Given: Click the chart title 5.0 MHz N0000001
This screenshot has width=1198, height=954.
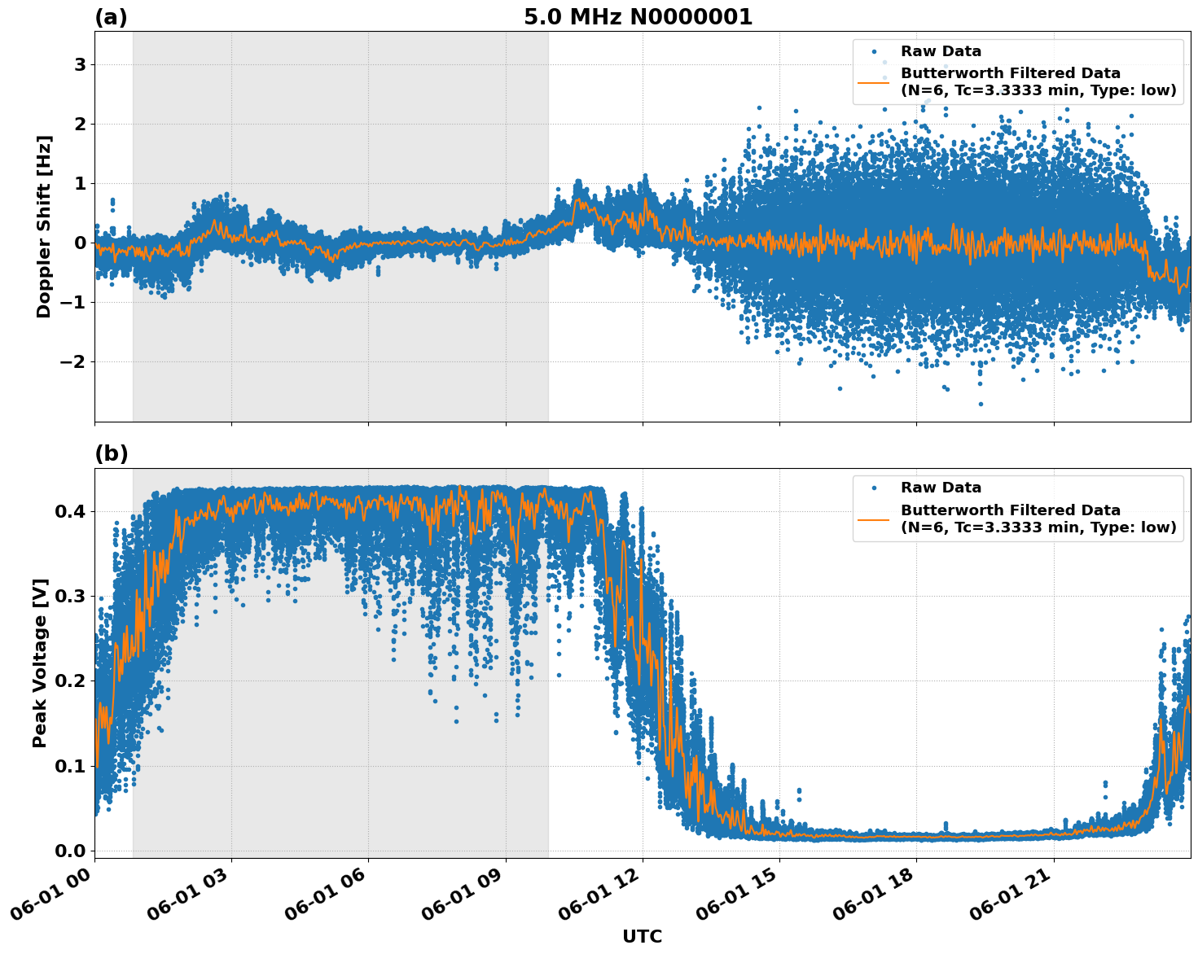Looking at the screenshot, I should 638,17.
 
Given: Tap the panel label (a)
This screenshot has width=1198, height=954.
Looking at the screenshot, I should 111,17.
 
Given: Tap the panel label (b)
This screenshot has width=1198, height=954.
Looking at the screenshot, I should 111,453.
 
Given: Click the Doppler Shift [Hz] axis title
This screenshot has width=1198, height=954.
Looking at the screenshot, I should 44,226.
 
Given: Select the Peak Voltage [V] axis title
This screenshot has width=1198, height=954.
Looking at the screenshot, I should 40,663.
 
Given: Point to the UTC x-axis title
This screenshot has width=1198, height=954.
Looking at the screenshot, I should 642,936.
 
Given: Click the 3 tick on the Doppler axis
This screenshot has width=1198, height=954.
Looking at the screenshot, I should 80,64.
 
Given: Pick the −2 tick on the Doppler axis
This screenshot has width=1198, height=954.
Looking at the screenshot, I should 73,361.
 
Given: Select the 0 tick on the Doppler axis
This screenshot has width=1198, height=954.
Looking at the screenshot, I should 80,243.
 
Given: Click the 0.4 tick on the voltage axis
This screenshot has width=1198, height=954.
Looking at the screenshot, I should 71,511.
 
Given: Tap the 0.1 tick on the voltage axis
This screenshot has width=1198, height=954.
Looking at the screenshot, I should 71,766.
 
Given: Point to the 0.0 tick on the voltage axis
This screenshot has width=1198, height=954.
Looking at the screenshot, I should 71,851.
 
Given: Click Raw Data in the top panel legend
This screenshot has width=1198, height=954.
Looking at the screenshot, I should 941,52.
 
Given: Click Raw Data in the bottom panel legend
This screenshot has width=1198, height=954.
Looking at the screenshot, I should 941,488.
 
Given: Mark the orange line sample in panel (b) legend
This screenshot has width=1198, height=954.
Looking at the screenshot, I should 874,519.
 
